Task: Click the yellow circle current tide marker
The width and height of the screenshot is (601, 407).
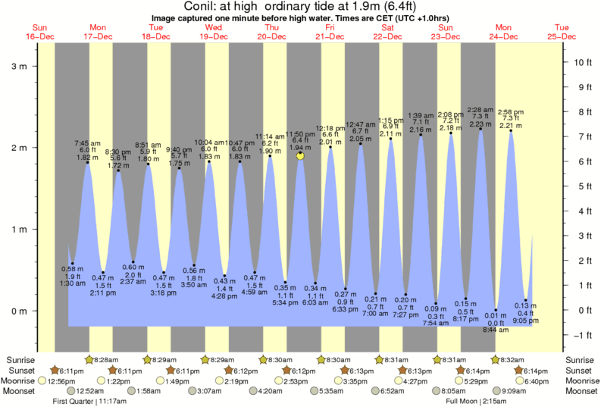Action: (301, 156)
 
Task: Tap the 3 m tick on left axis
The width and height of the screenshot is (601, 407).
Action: (18, 66)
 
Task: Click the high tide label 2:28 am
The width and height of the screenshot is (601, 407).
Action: (480, 110)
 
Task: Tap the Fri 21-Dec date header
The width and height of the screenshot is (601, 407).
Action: (330, 31)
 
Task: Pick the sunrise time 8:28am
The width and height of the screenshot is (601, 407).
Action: (108, 359)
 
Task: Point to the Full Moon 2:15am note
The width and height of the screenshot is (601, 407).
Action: (476, 402)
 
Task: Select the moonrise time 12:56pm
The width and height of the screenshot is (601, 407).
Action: (61, 380)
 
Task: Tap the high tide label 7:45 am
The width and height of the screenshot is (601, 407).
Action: (87, 142)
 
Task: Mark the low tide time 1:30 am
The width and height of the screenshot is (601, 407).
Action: (72, 283)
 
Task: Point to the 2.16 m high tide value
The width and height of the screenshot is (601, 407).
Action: (421, 130)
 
